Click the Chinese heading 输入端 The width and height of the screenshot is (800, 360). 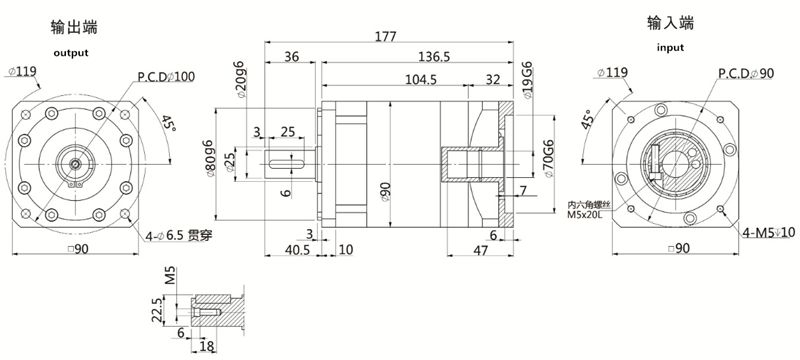[671, 23]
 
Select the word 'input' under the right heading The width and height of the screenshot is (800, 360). [671, 47]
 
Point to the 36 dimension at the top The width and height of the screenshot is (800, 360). [292, 57]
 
